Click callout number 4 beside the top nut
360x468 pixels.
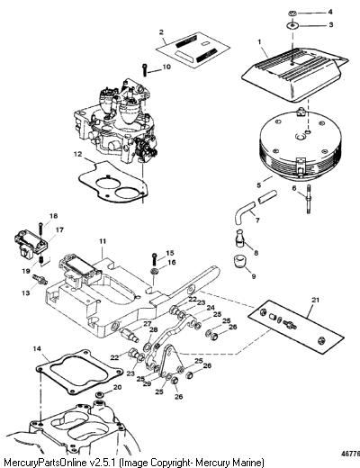[330, 12]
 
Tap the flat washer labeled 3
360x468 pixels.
[292, 25]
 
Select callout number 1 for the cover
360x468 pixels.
[259, 42]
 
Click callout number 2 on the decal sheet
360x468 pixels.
[161, 32]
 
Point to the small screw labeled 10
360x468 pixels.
[145, 70]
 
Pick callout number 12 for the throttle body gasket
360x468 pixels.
[77, 154]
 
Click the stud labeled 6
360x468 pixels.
[309, 199]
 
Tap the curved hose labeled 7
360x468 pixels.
[245, 212]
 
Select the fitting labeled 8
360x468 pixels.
[240, 238]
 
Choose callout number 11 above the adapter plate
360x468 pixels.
[102, 241]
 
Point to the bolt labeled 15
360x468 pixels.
[154, 258]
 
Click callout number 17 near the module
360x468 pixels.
[59, 230]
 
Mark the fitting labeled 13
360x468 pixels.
[40, 279]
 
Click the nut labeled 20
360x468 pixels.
[99, 394]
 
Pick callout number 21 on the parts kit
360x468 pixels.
[316, 300]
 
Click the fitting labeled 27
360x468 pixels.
[130, 335]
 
